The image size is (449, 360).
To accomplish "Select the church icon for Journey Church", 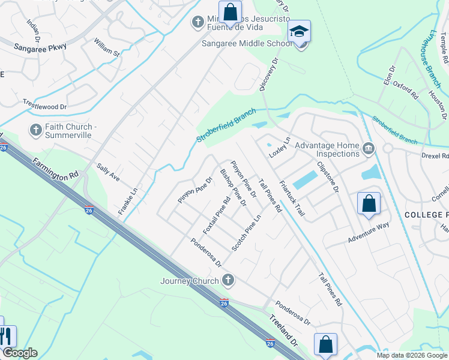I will click(228, 280).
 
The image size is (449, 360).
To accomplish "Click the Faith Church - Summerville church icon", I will click(35, 130).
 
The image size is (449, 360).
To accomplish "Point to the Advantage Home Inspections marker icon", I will click(369, 148).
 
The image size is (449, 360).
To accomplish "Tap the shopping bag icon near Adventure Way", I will click(369, 204).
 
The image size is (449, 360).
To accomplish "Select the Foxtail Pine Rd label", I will click(217, 217).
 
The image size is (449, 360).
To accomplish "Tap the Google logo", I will click(20, 353).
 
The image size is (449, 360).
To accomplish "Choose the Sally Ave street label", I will click(109, 175).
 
